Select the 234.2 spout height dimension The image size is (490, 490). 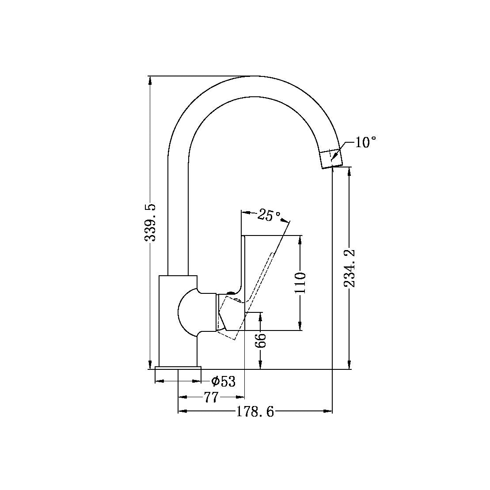click(x=350, y=268)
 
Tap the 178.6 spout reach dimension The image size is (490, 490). click(x=255, y=412)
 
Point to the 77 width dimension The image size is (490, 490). click(x=211, y=398)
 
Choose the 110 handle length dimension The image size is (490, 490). click(x=300, y=283)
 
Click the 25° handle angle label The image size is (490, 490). click(x=269, y=215)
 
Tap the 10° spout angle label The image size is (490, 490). click(x=365, y=142)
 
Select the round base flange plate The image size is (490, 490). click(x=178, y=368)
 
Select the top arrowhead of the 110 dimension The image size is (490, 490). click(x=300, y=239)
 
